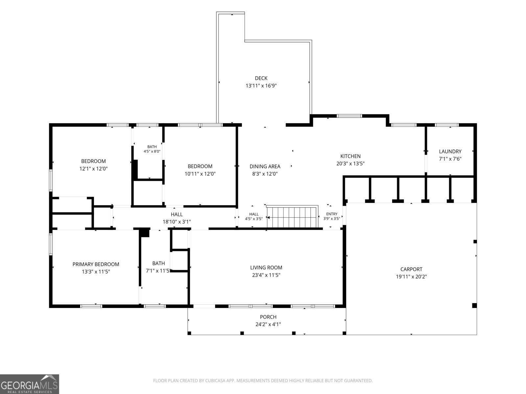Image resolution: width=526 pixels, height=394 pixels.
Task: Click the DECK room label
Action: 261,78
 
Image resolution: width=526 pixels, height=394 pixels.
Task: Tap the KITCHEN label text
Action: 350,156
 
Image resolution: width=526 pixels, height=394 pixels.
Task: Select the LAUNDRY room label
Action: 450,151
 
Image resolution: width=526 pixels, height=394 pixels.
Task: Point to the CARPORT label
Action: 411,269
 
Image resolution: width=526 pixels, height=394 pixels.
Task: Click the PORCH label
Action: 268,317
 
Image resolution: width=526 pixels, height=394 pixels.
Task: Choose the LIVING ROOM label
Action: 266,268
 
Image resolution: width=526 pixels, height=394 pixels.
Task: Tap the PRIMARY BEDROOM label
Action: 96,264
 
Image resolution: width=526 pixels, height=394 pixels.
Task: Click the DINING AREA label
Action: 265,166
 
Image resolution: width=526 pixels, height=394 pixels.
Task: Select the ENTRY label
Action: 332,214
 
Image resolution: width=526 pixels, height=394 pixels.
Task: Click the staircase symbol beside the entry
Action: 292,216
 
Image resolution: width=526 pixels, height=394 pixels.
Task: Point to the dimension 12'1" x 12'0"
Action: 93,169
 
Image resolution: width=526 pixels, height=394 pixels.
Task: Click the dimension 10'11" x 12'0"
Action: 200,174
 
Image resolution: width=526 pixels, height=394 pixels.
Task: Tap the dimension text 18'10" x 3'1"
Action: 177,222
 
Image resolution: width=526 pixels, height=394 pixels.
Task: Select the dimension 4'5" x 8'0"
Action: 152,151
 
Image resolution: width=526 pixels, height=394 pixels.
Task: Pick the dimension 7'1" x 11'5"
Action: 158,271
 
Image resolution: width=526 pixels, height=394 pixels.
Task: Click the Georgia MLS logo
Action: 29,384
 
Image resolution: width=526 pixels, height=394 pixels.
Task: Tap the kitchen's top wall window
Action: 349,116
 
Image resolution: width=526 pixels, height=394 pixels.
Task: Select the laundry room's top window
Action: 447,125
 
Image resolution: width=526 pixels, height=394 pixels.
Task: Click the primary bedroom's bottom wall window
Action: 91,306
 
